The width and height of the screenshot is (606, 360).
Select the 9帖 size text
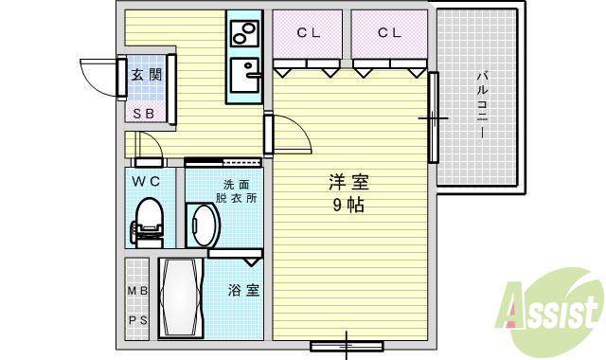click(348, 205)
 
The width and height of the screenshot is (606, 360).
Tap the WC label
click(145, 181)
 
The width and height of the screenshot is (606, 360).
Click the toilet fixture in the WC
click(148, 220)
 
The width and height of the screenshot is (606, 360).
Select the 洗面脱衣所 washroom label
click(235, 191)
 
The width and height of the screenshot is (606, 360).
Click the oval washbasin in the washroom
click(204, 225)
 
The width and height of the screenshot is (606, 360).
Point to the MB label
click(138, 291)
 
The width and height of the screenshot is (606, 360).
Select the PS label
click(138, 321)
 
